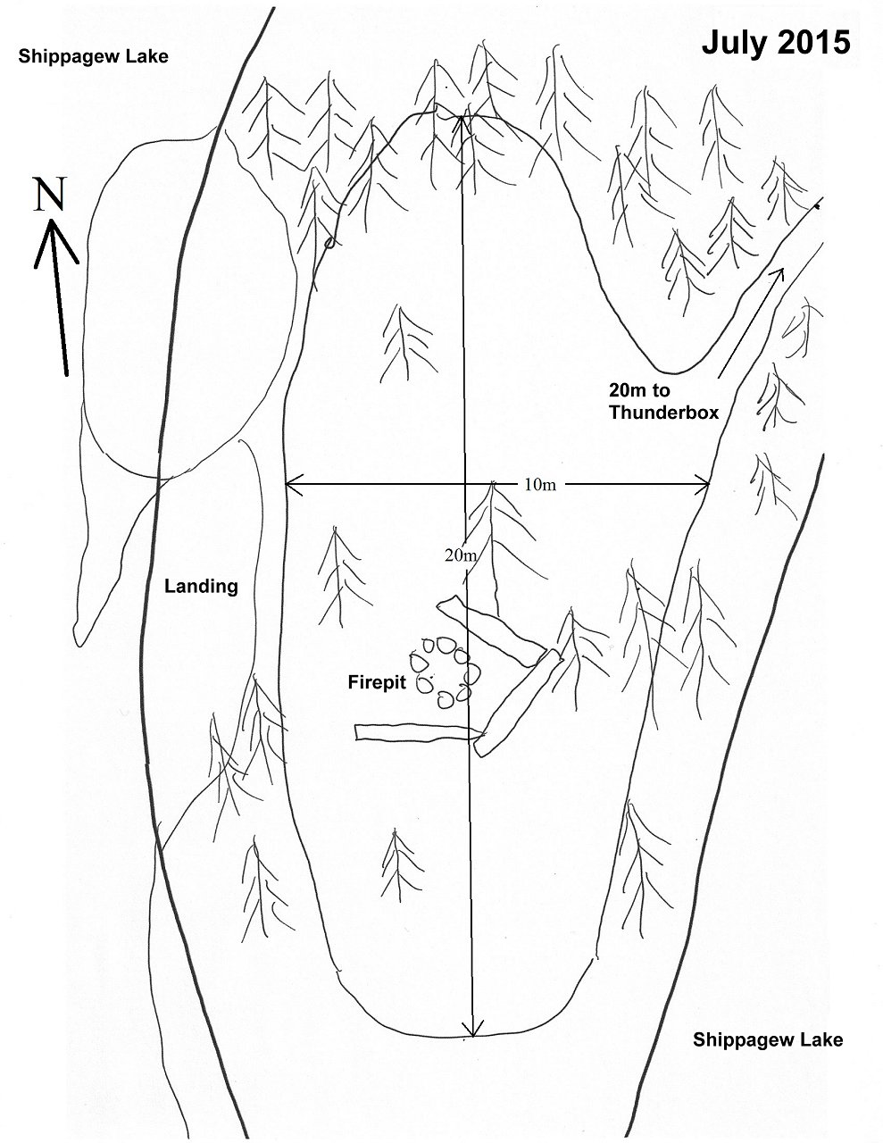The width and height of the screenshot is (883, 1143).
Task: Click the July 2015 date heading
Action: pyautogui.click(x=775, y=42)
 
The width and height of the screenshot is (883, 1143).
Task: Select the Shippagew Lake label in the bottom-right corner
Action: pyautogui.click(x=768, y=1039)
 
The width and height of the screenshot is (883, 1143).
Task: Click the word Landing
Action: pyautogui.click(x=201, y=587)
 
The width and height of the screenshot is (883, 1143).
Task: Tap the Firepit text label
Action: pyautogui.click(x=376, y=682)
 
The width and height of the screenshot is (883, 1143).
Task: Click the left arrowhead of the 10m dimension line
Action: pyautogui.click(x=288, y=485)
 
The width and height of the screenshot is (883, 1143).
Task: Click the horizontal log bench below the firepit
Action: pyautogui.click(x=416, y=732)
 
